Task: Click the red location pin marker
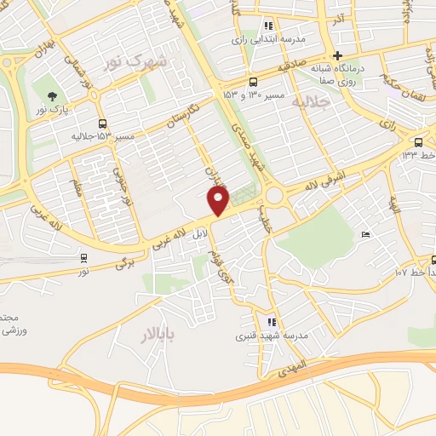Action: (x=219, y=201)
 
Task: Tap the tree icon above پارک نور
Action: (x=52, y=95)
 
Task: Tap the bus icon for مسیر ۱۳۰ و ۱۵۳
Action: (x=252, y=83)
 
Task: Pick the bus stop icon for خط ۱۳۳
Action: (x=418, y=142)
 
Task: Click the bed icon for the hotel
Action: (x=365, y=234)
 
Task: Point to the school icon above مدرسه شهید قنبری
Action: (x=272, y=322)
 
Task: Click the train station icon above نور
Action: (x=83, y=258)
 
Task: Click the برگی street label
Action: (x=125, y=264)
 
